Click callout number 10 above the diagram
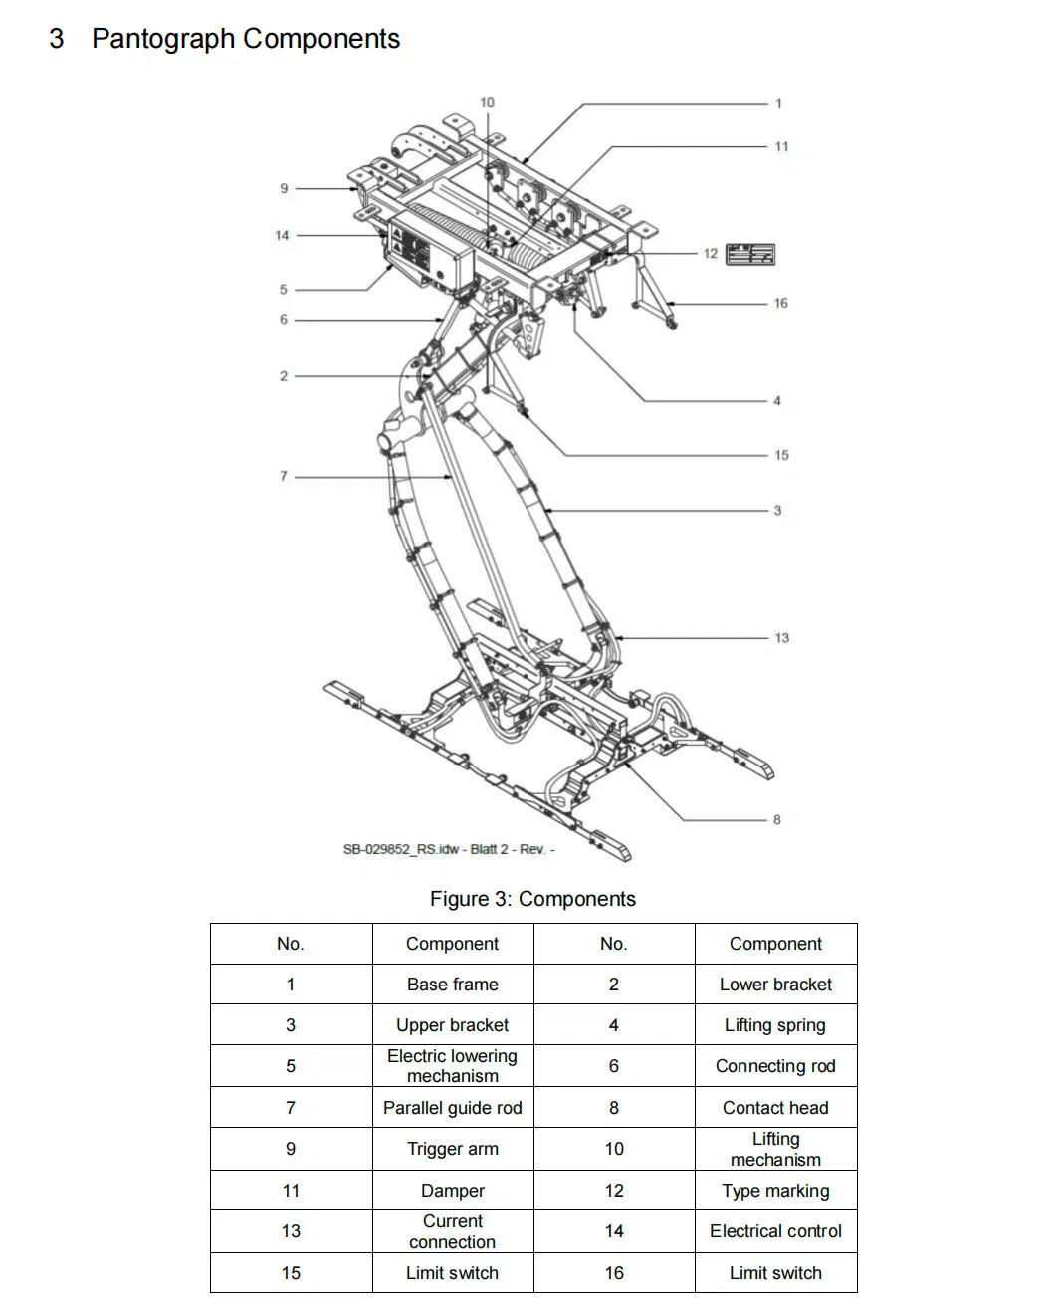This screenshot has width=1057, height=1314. (x=487, y=102)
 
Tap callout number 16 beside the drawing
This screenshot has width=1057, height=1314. (x=780, y=303)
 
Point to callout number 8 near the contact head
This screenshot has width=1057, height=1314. (x=776, y=819)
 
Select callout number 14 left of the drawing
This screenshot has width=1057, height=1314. (x=282, y=235)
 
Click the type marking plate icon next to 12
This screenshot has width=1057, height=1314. (x=750, y=254)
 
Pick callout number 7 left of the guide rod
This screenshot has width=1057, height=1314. (x=284, y=476)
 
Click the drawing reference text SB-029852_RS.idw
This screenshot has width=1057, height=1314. (x=400, y=849)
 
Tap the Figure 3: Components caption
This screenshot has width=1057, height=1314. (x=532, y=899)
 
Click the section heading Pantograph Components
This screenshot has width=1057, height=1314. (x=246, y=39)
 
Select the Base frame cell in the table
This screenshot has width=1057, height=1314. (x=453, y=985)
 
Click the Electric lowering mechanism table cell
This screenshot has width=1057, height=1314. (x=453, y=1065)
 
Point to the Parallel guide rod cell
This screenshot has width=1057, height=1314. (x=453, y=1108)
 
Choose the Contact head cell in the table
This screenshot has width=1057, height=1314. (x=775, y=1108)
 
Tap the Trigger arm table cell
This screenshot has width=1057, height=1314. (x=453, y=1149)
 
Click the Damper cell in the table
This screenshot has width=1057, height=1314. (x=453, y=1190)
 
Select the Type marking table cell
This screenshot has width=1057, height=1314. (x=775, y=1190)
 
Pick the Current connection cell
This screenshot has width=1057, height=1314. (x=453, y=1231)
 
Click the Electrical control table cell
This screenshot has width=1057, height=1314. (x=775, y=1231)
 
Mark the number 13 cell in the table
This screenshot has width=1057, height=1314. (x=291, y=1231)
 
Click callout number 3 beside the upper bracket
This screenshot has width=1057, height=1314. (x=777, y=510)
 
